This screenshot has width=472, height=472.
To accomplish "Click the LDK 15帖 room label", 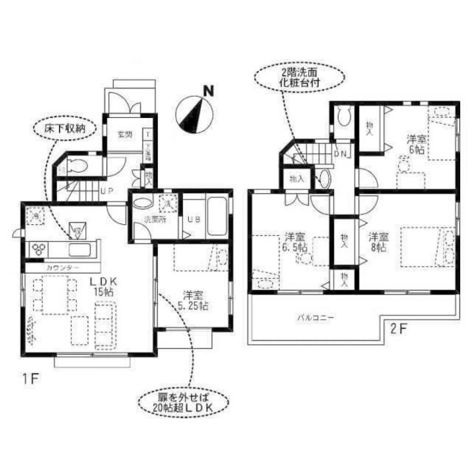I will click(103, 286).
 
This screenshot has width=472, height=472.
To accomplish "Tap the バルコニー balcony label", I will click(315, 318).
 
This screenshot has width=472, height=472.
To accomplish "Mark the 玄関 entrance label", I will click(125, 134).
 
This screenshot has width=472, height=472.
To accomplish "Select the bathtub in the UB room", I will click(217, 217).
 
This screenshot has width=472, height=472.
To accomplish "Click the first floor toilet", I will click(75, 166).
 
